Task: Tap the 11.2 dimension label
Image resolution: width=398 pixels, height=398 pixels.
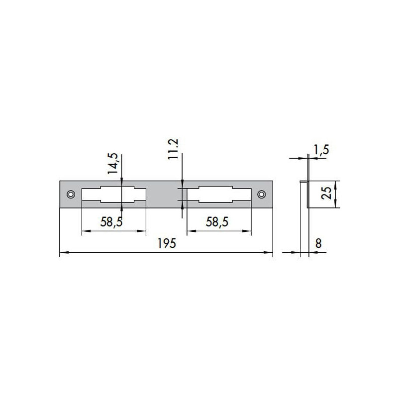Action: [x=174, y=150]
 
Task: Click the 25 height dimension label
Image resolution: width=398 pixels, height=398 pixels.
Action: [x=327, y=194]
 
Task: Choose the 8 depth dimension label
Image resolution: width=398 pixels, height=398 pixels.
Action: [x=318, y=245]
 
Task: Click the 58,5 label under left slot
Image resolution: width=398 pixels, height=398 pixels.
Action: [x=111, y=222]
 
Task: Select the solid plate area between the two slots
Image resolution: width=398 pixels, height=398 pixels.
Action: [x=164, y=194]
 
